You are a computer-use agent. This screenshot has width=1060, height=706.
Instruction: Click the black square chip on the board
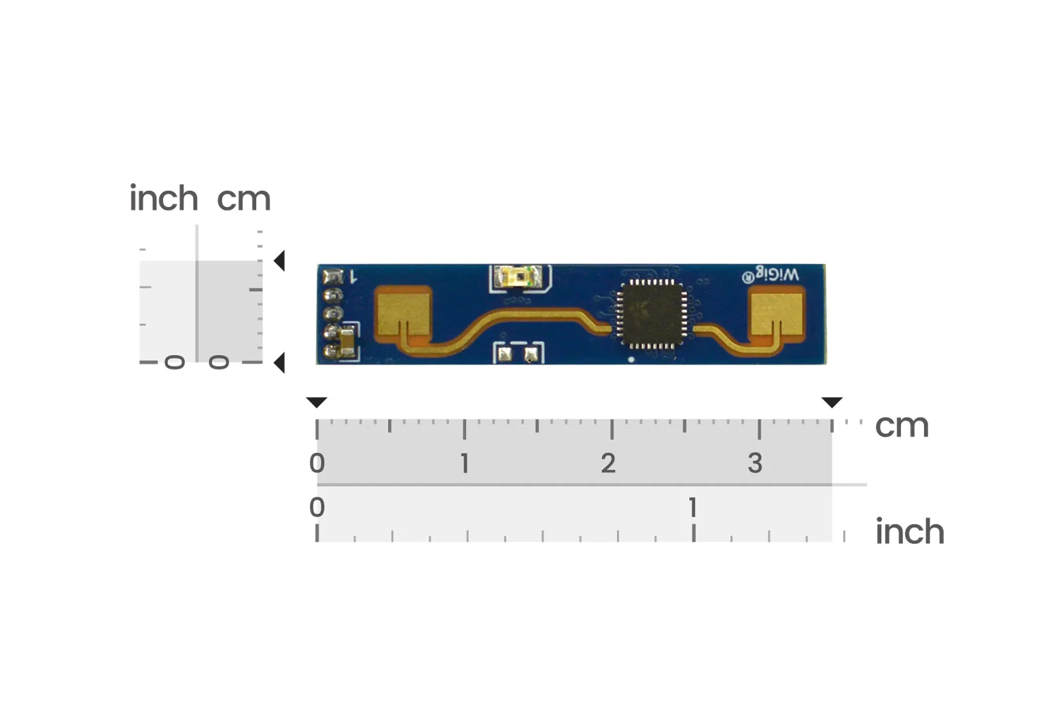[x=653, y=314]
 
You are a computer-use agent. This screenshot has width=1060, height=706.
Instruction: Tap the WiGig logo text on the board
[x=770, y=275]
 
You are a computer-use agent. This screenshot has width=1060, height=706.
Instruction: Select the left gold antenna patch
[x=404, y=314]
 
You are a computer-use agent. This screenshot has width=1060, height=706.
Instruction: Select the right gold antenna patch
[x=777, y=314]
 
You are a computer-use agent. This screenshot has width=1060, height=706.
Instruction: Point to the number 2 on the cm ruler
[x=608, y=463]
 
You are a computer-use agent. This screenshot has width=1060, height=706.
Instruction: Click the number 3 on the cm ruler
[x=756, y=463]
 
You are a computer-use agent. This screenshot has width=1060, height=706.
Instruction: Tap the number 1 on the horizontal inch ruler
[x=693, y=507]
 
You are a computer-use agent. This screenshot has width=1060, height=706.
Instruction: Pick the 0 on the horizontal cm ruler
[x=317, y=463]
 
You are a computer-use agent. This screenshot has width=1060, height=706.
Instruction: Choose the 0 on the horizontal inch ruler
[x=317, y=507]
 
